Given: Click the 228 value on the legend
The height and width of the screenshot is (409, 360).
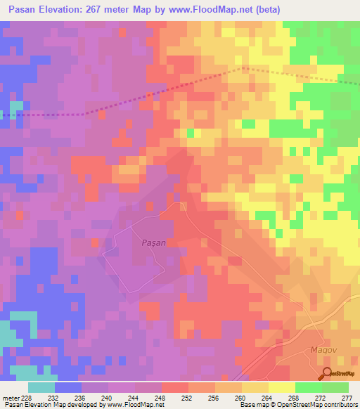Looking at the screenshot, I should (27, 398).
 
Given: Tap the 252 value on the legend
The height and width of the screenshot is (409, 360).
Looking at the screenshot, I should (187, 398).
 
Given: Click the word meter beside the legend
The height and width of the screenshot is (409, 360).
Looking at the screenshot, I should (9, 398).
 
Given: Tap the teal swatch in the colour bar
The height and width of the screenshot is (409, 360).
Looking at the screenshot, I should (41, 387).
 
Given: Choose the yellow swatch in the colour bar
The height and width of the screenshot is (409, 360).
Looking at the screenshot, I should (281, 387).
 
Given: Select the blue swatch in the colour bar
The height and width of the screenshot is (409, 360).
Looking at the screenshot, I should (67, 387).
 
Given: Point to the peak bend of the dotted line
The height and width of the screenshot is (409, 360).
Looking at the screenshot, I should (243, 68).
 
